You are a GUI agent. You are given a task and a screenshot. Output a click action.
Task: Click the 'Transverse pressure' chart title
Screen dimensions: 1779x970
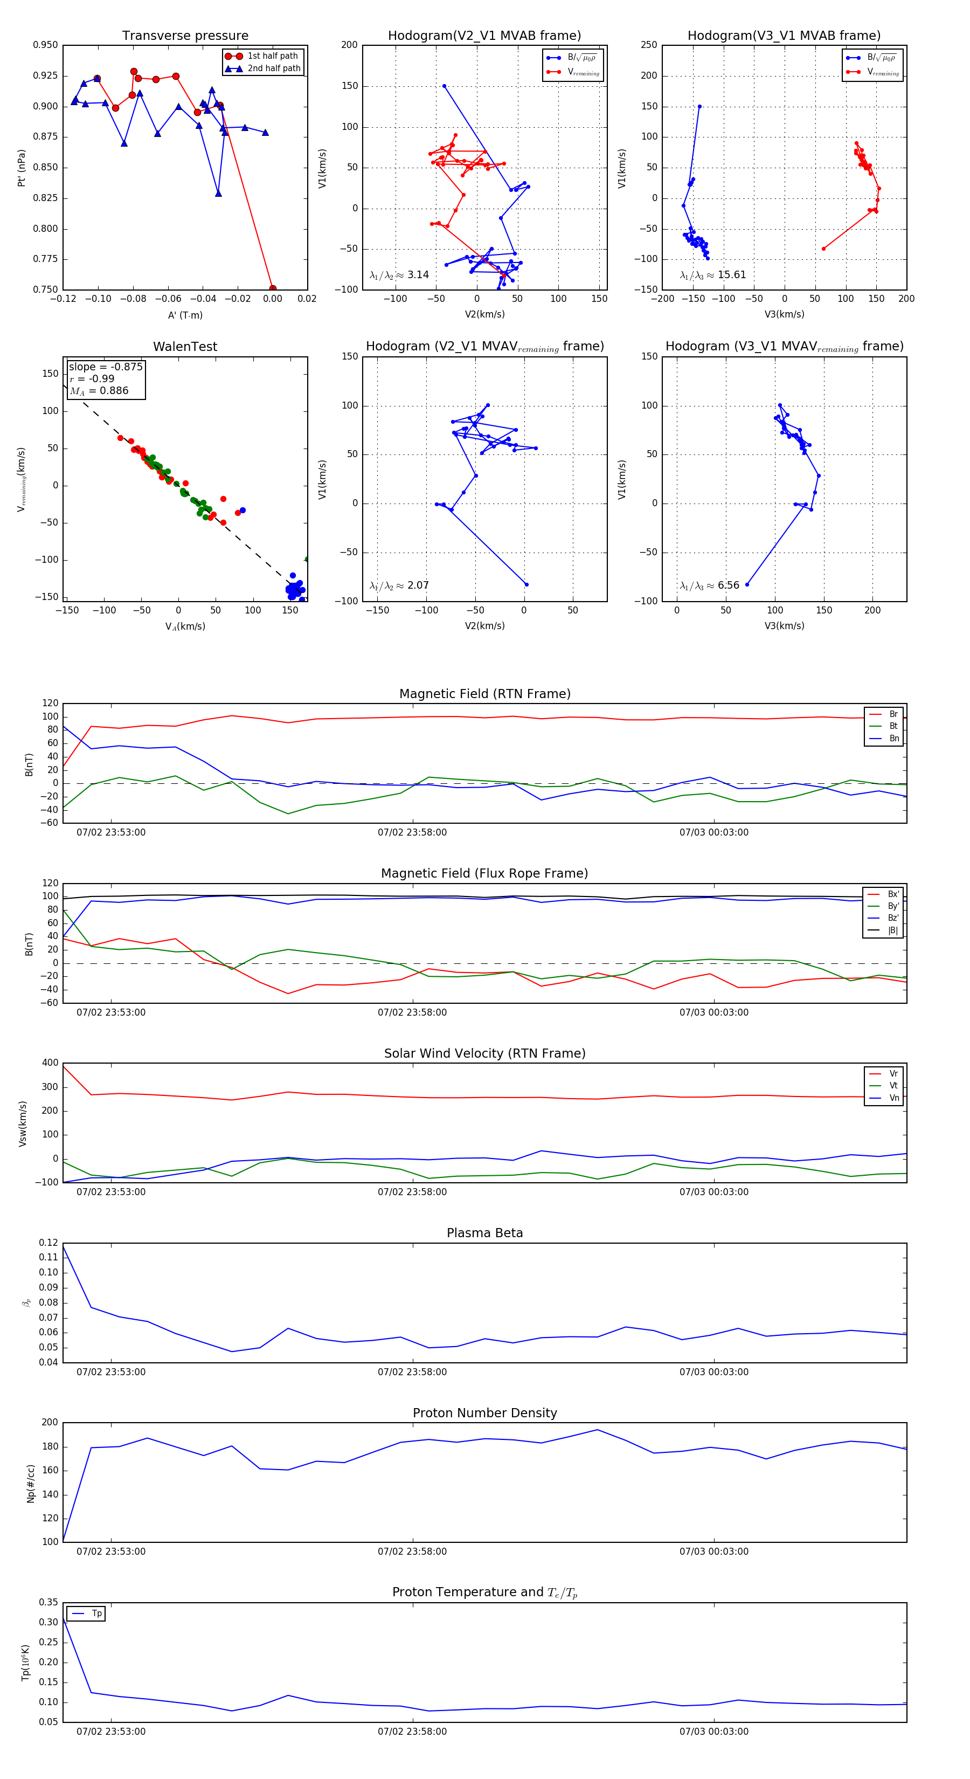coord(185,36)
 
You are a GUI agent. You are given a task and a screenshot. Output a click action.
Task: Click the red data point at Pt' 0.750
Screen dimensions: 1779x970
coord(273,288)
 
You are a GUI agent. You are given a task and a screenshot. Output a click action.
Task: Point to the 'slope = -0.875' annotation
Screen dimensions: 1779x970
coord(106,367)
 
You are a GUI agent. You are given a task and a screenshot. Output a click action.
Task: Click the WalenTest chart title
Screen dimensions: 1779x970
coord(185,347)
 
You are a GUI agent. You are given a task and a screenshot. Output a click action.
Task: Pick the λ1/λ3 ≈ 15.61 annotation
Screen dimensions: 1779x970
coord(712,275)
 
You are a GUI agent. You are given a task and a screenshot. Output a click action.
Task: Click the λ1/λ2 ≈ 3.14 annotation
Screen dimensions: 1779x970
coord(399,275)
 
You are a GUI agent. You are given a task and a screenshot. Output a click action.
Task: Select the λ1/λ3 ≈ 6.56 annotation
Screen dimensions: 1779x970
coord(709,585)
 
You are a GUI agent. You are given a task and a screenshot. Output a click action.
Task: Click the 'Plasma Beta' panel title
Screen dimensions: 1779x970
coord(484,1233)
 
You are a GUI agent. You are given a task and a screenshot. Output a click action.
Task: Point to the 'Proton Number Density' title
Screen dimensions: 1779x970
coord(484,1413)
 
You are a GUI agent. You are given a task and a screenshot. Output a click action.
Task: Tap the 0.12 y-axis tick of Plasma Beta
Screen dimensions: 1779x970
coord(49,1243)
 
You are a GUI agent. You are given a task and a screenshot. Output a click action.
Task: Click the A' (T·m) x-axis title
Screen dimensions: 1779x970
coord(185,315)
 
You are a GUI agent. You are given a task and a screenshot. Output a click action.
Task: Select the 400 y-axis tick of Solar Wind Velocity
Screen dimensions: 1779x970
coord(50,1063)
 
